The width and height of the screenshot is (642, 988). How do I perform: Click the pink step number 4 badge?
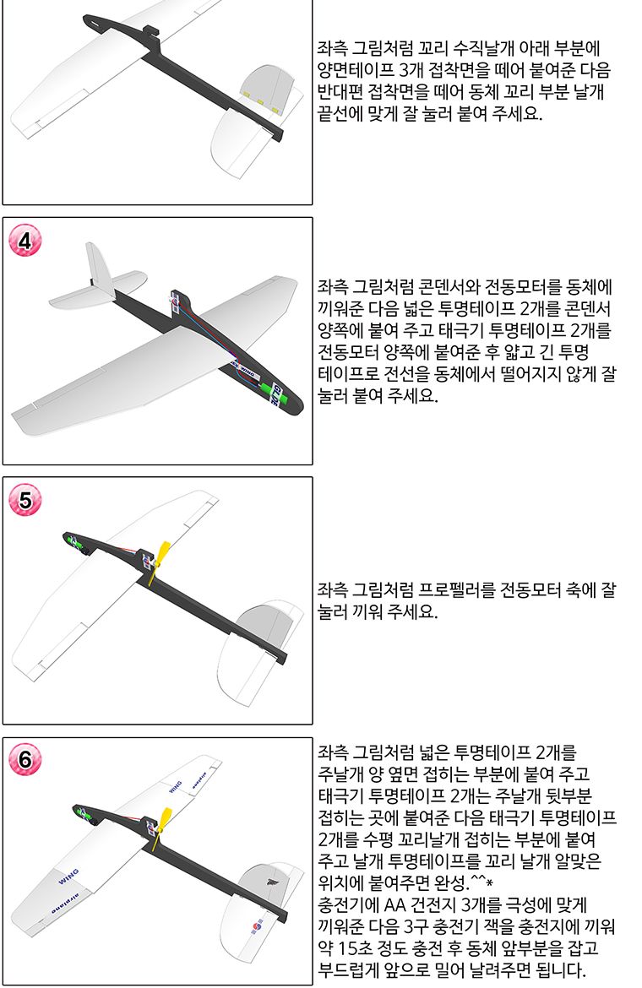pos(24,242)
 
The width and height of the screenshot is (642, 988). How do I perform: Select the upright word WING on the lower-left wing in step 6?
pos(68,876)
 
